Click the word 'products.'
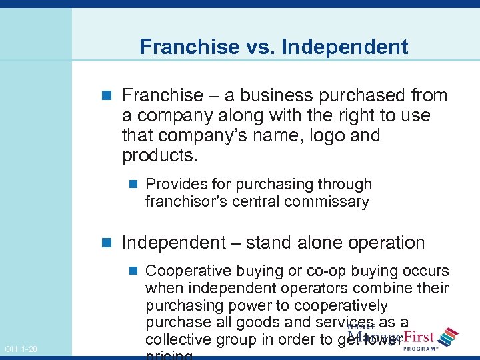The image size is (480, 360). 160,155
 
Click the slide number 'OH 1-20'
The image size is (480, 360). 21,349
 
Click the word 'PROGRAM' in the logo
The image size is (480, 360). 421,348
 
